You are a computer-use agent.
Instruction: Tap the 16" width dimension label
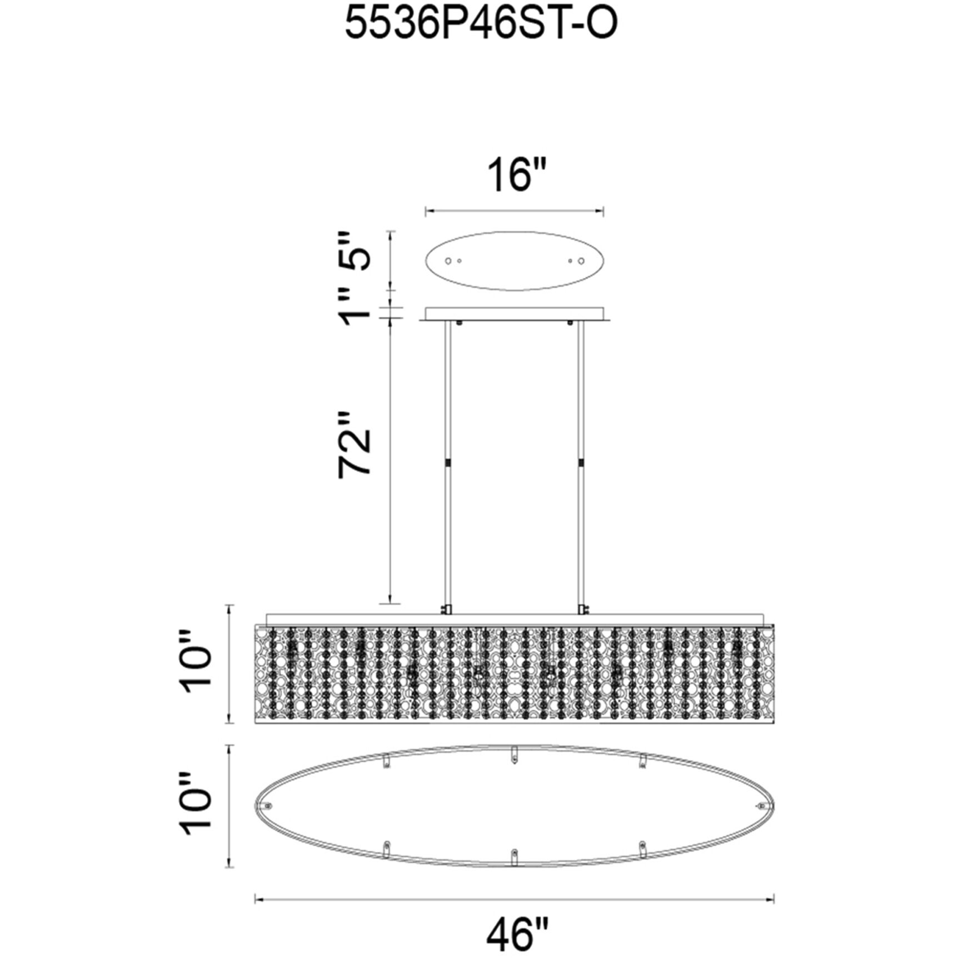(x=517, y=174)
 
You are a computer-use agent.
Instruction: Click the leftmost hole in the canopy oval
(x=448, y=261)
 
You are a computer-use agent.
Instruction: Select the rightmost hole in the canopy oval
(x=581, y=261)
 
